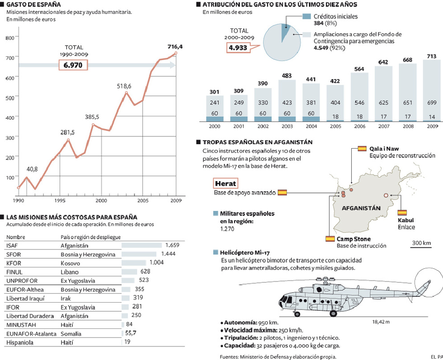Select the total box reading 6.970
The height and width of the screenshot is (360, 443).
(73, 65)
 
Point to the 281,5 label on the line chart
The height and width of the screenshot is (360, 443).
(67, 132)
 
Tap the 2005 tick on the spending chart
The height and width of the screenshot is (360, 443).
(142, 200)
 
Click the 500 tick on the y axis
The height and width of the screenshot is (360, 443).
(10, 97)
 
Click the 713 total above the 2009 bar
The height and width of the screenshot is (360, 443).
(432, 56)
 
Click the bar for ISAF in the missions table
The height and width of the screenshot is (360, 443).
(142, 245)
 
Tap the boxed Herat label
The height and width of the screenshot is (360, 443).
(225, 183)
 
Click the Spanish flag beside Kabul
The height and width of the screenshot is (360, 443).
(402, 212)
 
